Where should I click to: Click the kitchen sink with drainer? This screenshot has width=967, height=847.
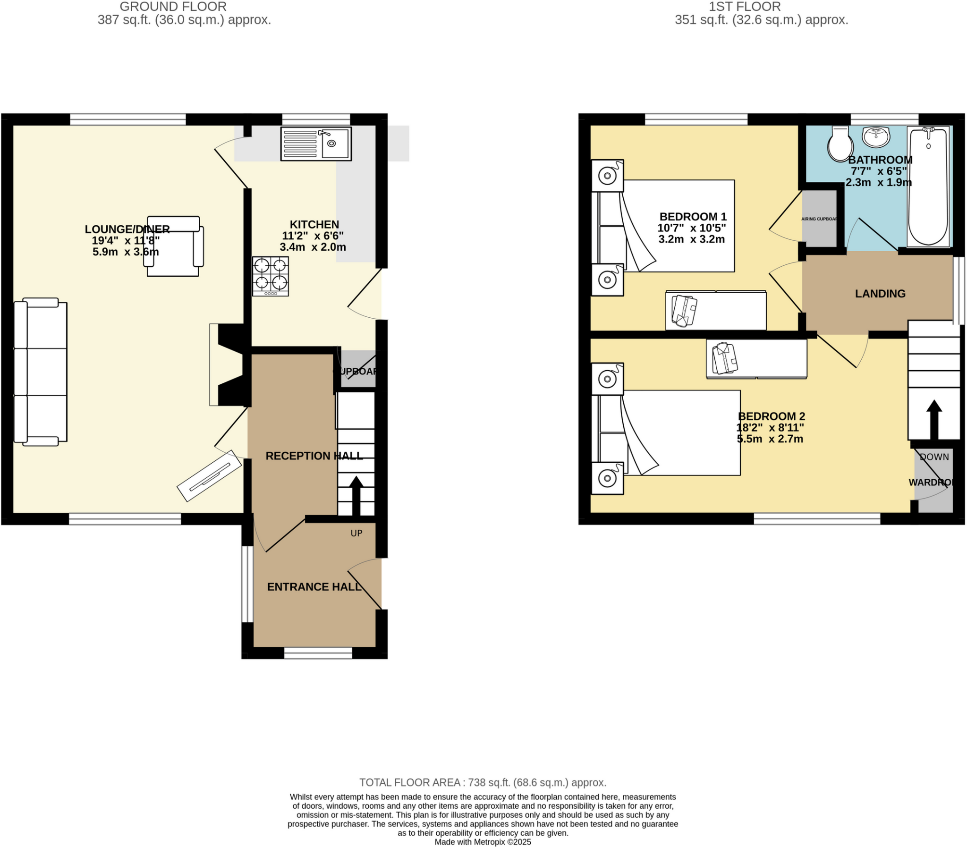click(316, 144)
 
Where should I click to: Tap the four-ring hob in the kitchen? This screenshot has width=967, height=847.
click(271, 276)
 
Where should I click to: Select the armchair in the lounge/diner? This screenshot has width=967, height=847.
click(173, 246)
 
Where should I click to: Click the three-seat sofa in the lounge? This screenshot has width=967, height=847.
click(41, 372)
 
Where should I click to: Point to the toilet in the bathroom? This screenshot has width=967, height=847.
click(840, 144)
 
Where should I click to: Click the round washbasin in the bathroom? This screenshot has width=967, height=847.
click(876, 136)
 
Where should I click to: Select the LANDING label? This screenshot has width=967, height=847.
click(880, 294)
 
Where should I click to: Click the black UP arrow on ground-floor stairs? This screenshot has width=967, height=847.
click(356, 496)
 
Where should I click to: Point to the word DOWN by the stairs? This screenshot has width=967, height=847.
click(934, 457)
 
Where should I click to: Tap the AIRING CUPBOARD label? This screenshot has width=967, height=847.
click(819, 220)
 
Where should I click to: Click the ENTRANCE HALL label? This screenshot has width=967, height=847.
click(314, 587)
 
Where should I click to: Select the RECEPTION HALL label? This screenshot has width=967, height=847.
click(314, 456)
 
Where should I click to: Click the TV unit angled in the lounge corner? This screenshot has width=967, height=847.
click(209, 476)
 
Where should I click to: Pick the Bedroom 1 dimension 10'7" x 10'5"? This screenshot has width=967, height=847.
click(691, 228)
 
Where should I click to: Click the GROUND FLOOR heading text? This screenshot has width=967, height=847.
click(173, 7)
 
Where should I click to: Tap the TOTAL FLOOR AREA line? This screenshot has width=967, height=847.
click(483, 782)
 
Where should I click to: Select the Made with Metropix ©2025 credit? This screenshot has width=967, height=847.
click(483, 842)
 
